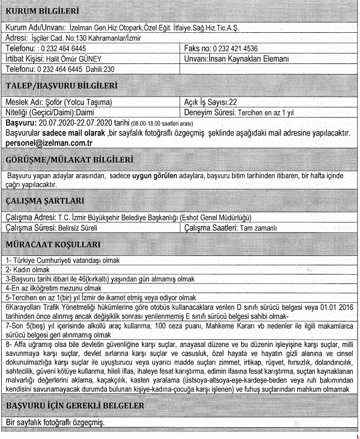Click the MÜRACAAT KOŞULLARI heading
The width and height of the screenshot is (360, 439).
[x=53, y=244]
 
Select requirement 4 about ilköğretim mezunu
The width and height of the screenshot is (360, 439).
[x=47, y=288]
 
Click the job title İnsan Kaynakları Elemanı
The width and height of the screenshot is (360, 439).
[x=252, y=59]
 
